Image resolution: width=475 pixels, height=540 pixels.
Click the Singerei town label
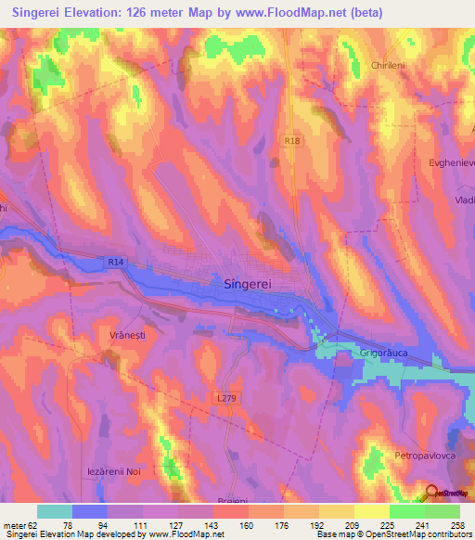click(253, 287)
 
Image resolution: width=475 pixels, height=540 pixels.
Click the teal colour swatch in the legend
click(55, 511)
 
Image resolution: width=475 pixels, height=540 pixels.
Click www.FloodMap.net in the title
click(306, 12)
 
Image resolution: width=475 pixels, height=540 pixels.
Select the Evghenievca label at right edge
click(452, 162)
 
